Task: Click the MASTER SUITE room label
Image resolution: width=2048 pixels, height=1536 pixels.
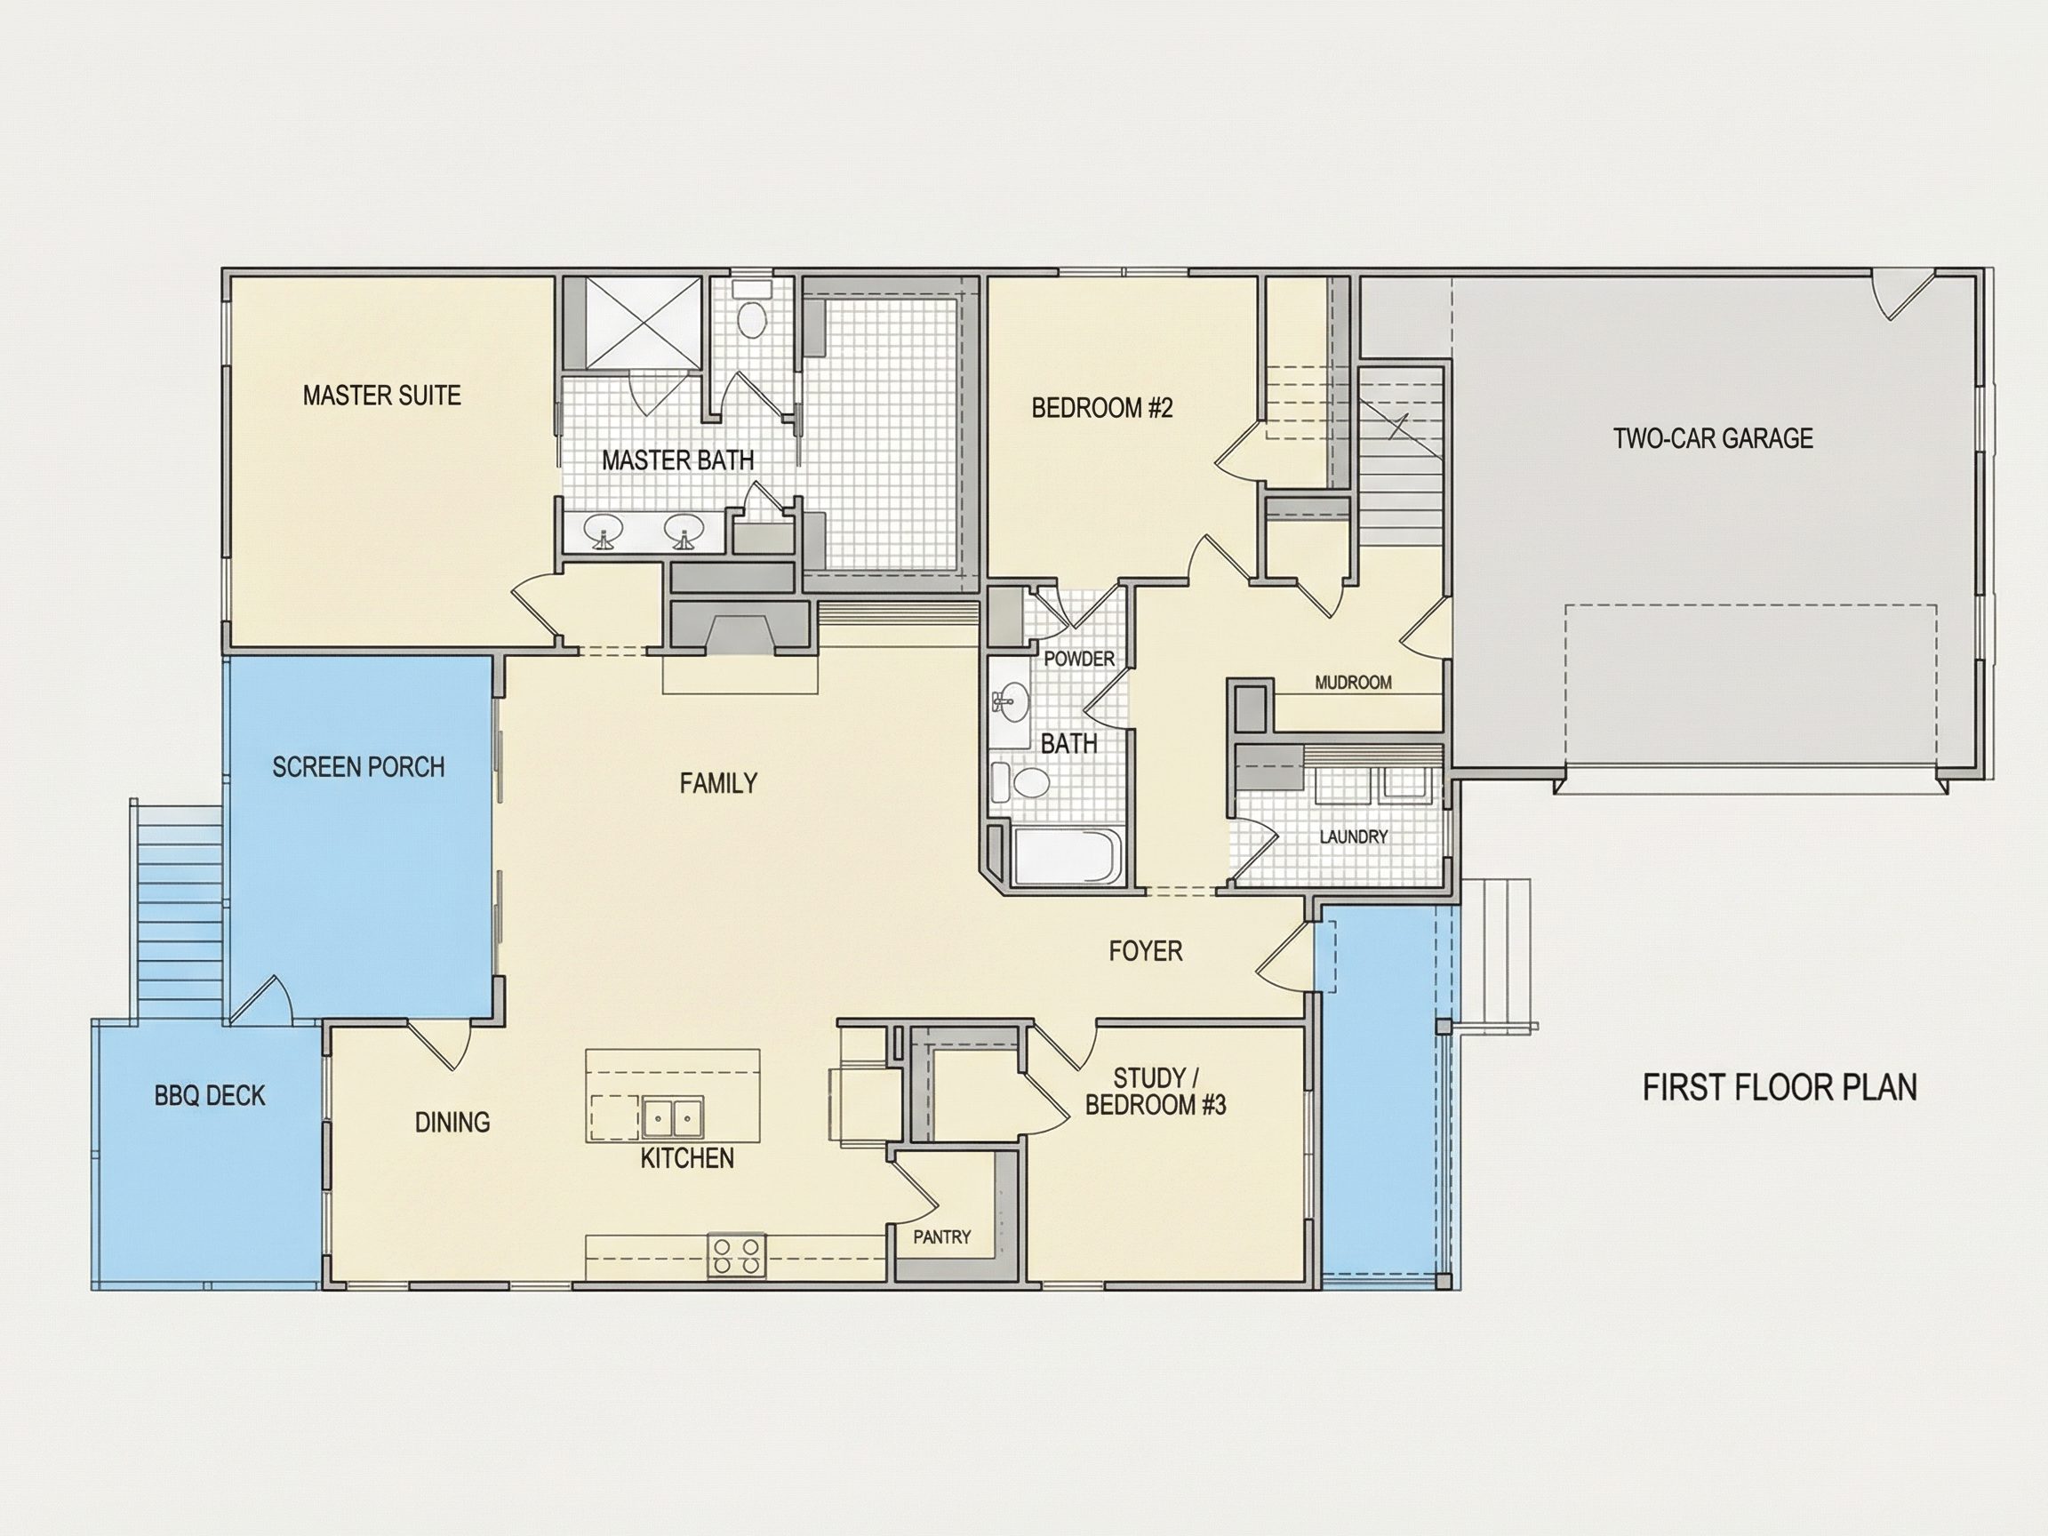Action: click(381, 396)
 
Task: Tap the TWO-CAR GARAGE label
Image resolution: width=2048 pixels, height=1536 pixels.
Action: click(1713, 438)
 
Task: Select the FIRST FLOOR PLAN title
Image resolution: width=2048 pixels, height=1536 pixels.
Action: click(1780, 1087)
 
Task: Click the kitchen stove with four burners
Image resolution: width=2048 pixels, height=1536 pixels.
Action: click(737, 1255)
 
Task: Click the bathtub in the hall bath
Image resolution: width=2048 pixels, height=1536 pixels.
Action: click(1068, 855)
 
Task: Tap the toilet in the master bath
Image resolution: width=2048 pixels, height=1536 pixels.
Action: click(751, 312)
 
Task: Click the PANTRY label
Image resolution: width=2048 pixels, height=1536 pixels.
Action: click(941, 1237)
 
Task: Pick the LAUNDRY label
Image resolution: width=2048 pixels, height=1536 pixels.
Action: click(1353, 837)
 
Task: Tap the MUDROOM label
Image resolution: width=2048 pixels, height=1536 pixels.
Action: click(1353, 683)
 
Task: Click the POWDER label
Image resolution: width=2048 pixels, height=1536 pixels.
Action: click(1078, 659)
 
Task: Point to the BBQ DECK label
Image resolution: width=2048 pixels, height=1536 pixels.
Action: click(209, 1095)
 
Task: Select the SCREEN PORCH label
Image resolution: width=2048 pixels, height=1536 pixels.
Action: click(358, 766)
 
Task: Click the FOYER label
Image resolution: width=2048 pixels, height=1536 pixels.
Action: click(1145, 951)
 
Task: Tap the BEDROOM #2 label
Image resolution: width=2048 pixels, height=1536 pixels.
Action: click(1101, 407)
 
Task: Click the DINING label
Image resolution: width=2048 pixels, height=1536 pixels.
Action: click(452, 1122)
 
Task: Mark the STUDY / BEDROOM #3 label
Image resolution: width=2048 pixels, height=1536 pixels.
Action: click(1156, 1092)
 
